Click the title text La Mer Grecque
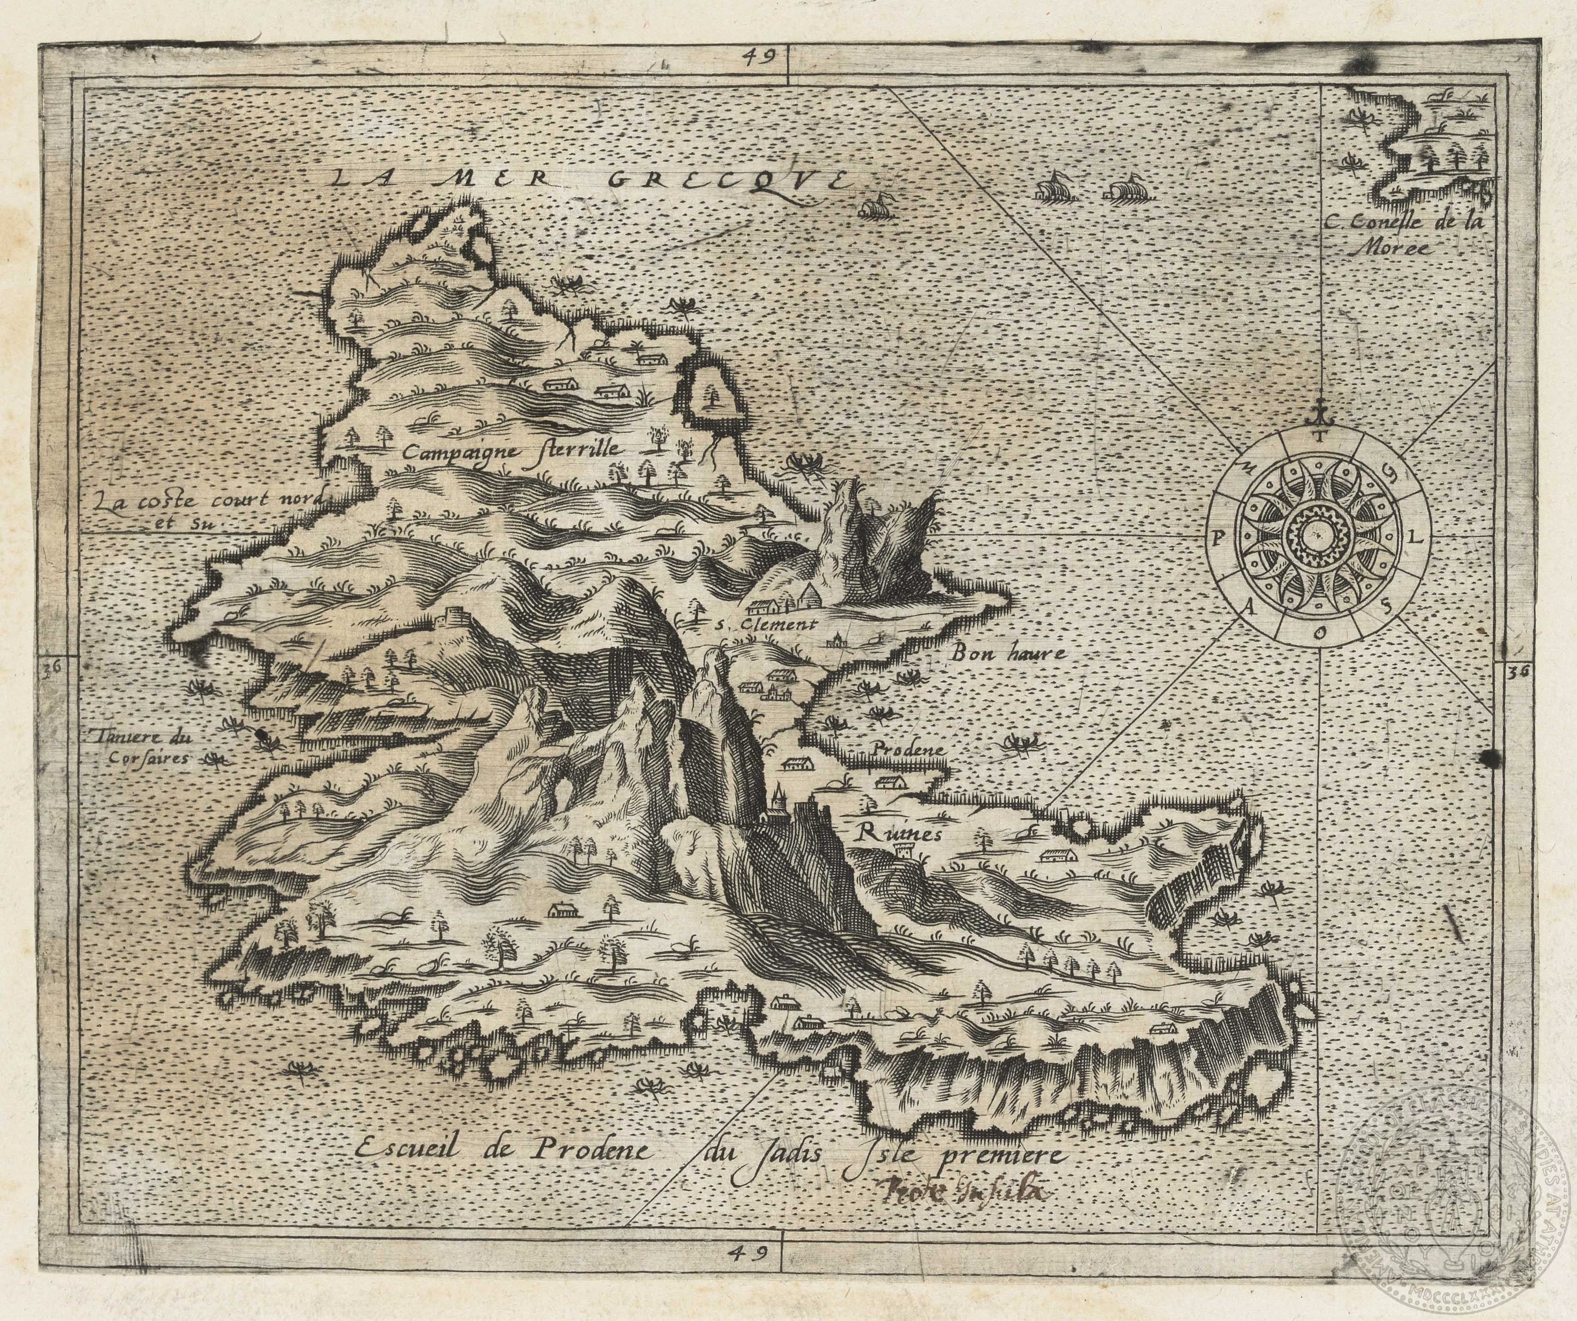tap(586, 180)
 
